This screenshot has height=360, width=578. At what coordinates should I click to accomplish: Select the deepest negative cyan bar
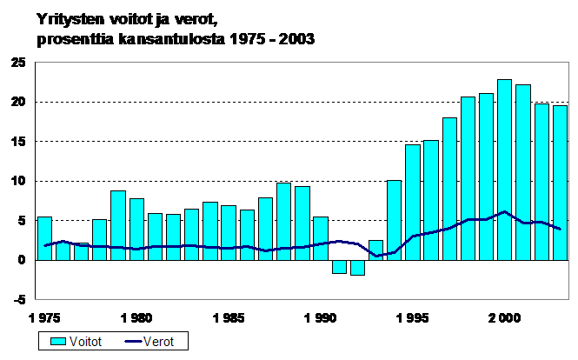[357, 268]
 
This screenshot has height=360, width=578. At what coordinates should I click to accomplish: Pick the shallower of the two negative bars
[339, 267]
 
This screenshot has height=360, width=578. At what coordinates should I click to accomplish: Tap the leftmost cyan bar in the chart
[44, 238]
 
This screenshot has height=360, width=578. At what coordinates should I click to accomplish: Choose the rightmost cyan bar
[560, 183]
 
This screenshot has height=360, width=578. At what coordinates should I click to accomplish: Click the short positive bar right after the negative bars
[375, 250]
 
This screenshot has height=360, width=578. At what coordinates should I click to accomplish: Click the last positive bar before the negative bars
[321, 238]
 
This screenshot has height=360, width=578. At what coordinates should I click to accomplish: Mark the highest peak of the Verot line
[504, 211]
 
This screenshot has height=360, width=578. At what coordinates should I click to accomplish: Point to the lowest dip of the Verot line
[375, 256]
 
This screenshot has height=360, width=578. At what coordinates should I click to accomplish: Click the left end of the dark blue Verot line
[44, 246]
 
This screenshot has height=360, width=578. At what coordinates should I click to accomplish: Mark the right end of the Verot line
[560, 229]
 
